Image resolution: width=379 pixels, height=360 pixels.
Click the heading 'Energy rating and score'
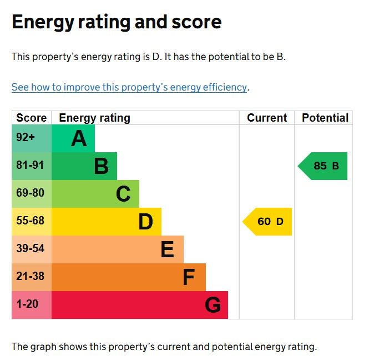[117, 22]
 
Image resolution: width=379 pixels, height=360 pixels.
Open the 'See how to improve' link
[129, 87]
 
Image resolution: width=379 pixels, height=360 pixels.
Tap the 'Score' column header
[32, 118]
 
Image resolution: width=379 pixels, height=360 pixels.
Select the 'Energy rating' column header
[94, 118]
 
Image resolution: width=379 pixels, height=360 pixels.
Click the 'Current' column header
[267, 118]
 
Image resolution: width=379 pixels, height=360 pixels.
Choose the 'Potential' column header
[325, 118]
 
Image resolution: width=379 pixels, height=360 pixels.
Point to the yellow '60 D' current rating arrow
[268, 222]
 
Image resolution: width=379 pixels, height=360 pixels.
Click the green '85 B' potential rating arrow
[324, 166]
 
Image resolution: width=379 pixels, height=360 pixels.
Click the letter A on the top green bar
[79, 138]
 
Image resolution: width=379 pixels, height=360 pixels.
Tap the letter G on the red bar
[213, 305]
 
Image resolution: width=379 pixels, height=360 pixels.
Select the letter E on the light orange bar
[167, 249]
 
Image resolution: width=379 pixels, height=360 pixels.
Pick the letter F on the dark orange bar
[189, 277]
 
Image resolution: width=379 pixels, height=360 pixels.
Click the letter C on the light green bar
[123, 194]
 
